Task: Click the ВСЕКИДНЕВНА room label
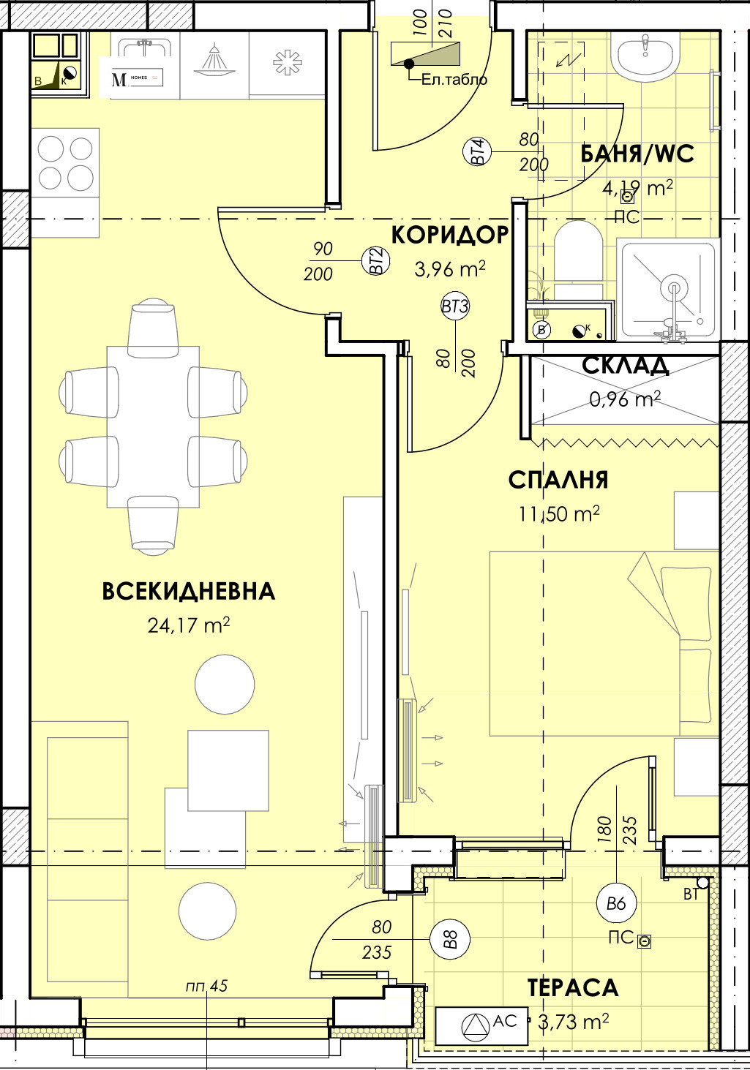188,591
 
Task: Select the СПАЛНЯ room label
558,480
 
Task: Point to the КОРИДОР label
449,235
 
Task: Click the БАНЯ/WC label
637,154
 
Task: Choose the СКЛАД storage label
626,365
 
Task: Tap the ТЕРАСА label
573,987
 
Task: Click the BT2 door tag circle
375,261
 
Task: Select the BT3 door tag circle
454,306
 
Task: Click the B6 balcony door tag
616,903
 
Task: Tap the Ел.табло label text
454,80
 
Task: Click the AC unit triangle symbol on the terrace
476,1026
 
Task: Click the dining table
153,426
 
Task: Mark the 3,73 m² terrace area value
573,1021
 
